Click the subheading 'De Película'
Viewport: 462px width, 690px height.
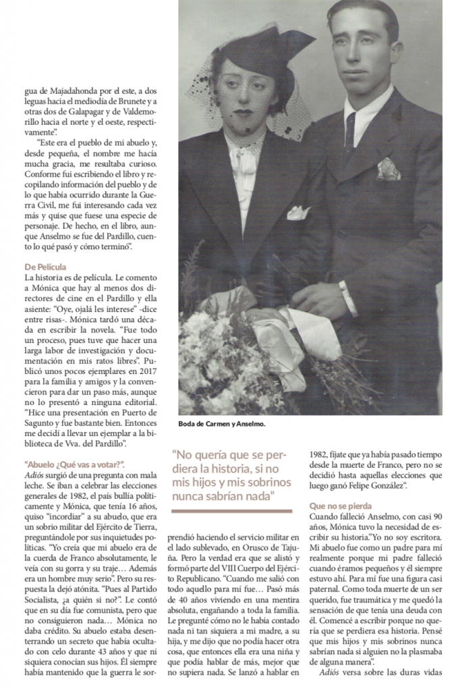[x=47, y=268]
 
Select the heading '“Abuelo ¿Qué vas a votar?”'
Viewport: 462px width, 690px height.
[x=74, y=464]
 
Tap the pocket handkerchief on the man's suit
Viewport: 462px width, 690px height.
[x=388, y=169]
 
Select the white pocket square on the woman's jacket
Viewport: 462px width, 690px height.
[x=298, y=213]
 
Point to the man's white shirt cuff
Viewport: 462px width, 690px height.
[x=348, y=299]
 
